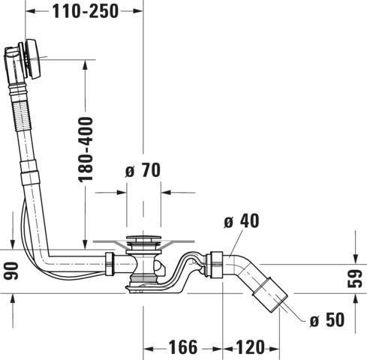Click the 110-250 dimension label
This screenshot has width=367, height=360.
coord(85,11)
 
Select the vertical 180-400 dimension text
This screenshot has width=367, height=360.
coord(86,149)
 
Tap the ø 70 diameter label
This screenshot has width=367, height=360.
coord(143,170)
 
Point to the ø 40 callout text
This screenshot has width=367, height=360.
coord(242,221)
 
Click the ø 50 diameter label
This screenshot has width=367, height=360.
coord(327,319)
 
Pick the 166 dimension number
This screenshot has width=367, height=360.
coord(183,347)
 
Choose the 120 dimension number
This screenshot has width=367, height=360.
coord(250,347)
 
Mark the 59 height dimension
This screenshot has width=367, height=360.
coord(355,278)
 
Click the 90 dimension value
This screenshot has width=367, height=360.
coord(11,271)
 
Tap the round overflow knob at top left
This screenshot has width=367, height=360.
coord(33,59)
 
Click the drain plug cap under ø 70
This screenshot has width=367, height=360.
coord(143,238)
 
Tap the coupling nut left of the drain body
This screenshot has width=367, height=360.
coord(110,264)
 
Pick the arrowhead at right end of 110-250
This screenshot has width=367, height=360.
coord(137,11)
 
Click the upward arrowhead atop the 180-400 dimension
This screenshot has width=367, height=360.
coord(86,65)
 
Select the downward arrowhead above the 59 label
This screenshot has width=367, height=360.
coord(355,259)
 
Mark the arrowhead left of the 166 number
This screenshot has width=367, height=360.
coord(148,349)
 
